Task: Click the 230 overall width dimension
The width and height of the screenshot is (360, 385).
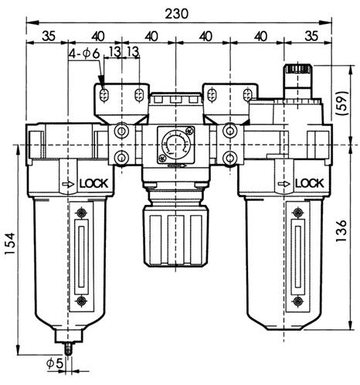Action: (x=179, y=13)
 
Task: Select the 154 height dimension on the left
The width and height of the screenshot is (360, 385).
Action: (x=9, y=246)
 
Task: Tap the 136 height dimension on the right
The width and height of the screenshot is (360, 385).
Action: (x=352, y=230)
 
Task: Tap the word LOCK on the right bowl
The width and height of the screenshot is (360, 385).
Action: (x=309, y=184)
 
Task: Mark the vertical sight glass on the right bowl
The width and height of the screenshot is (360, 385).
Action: (x=298, y=255)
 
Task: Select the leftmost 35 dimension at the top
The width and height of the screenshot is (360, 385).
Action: (x=47, y=34)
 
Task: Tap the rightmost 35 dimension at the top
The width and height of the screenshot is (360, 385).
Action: (x=312, y=34)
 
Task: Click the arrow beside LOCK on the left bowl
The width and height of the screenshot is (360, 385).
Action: (x=69, y=185)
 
